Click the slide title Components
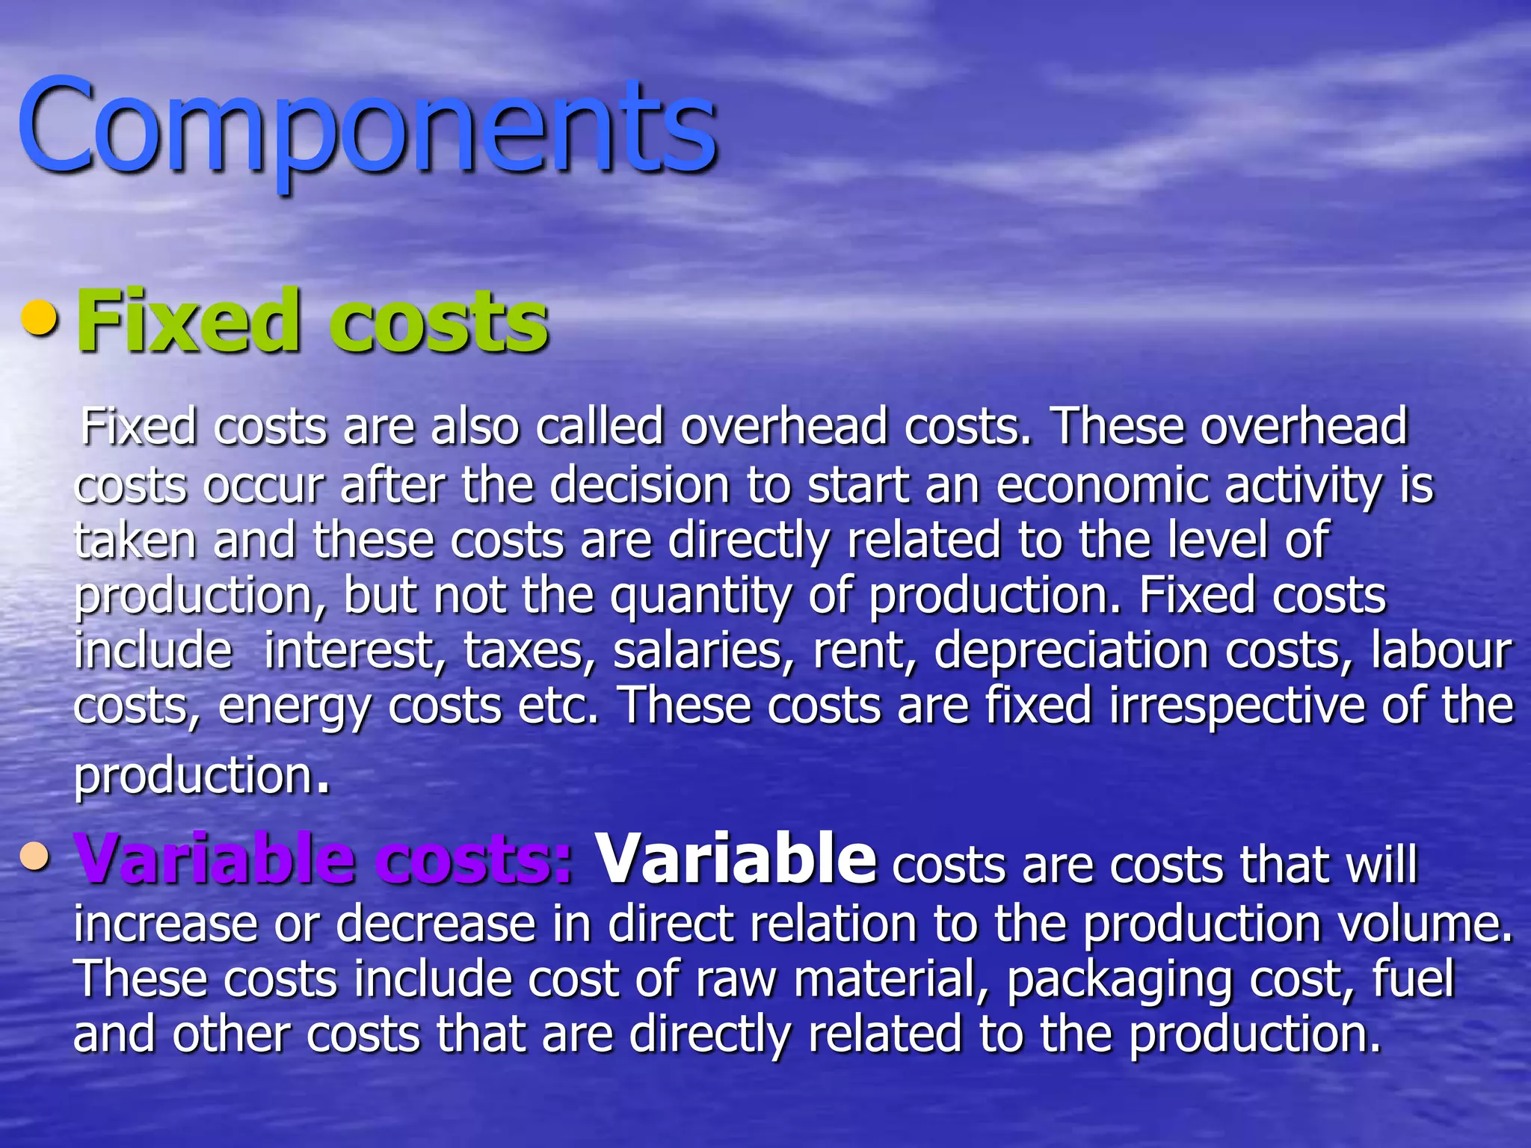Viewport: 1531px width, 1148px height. point(366,127)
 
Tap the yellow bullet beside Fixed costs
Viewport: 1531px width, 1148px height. point(39,319)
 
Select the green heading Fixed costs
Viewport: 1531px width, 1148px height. point(312,321)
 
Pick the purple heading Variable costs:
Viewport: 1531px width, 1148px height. point(323,860)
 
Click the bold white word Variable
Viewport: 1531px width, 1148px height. point(736,860)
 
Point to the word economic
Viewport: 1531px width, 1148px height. point(1103,486)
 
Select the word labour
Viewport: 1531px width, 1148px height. point(1441,650)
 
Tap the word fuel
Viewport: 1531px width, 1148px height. point(1413,979)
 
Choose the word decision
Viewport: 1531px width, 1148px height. point(640,486)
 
